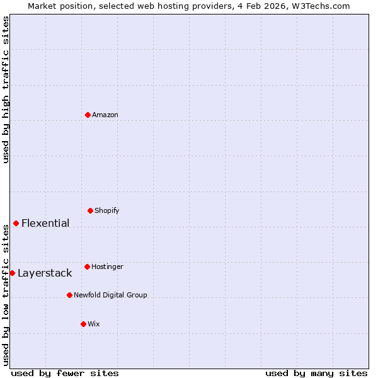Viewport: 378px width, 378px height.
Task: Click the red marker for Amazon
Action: point(88,115)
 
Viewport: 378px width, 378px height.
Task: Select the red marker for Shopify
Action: point(91,210)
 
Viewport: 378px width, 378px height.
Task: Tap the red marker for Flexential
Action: point(16,223)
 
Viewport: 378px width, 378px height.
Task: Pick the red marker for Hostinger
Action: point(88,266)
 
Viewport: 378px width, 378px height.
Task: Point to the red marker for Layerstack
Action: point(13,273)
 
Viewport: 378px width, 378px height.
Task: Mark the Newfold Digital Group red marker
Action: point(70,295)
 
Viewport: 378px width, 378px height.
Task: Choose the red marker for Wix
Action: point(84,324)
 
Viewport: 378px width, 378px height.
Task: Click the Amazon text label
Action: point(105,115)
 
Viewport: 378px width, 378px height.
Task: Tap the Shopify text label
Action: point(107,210)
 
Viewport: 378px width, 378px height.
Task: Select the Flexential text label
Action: point(45,223)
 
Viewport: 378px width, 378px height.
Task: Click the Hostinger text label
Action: point(107,266)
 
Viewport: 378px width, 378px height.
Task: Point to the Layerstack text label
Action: point(45,273)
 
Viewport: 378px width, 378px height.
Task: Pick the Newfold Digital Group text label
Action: point(110,295)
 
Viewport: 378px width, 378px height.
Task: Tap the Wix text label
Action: point(94,324)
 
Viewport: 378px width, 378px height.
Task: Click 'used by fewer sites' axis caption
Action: point(65,373)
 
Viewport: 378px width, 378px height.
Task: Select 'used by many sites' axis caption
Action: point(316,373)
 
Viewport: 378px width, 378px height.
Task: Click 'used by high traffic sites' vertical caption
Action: point(6,89)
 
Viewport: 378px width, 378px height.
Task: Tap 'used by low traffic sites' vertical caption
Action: point(6,295)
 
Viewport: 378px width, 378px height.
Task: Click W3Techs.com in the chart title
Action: point(324,6)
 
